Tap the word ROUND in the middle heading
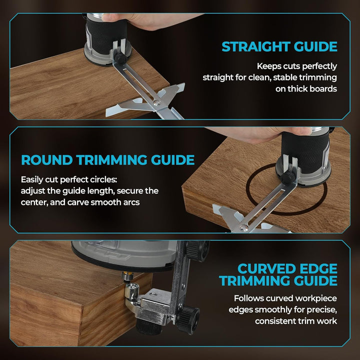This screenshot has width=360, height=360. pos(47,160)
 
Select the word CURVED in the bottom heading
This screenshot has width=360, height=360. pos(261,268)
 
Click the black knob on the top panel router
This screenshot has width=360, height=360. pos(120,58)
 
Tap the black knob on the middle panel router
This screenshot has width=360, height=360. pos(288,177)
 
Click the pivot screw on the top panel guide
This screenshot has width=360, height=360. pos(157,102)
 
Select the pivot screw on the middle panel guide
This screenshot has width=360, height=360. pos(243,228)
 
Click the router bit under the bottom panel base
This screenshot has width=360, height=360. pos(127,276)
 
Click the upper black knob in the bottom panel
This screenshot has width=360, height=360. pos(197,250)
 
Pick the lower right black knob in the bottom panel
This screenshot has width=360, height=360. pos(188,318)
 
